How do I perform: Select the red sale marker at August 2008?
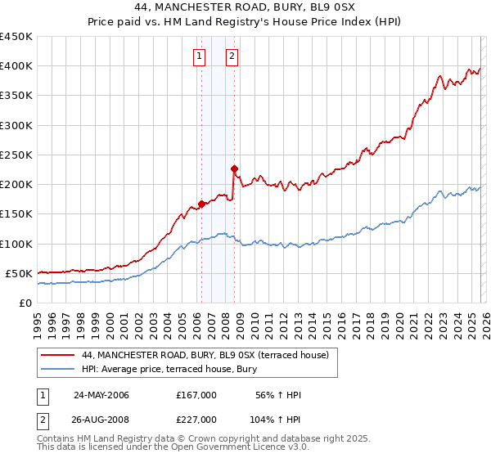click(234, 168)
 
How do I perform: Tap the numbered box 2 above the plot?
click(232, 56)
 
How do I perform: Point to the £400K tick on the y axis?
click(16, 66)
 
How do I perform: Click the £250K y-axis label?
click(16, 155)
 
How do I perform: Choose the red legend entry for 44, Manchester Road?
click(205, 355)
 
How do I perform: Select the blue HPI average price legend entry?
click(169, 369)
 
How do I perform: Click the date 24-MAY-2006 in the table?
click(101, 395)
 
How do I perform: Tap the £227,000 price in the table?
click(196, 420)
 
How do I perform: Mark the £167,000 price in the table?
click(196, 395)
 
